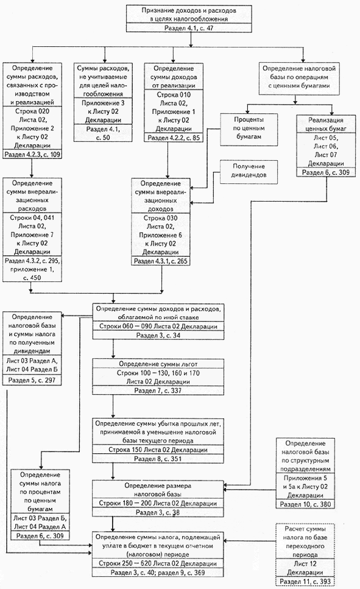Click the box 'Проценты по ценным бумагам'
pos(249,129)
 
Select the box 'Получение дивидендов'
pos(249,172)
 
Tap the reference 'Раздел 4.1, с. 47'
pos(189,28)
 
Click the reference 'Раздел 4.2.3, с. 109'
pos(32,154)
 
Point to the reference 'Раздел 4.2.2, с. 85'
pos(173,138)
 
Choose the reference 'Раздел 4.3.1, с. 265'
pos(161,261)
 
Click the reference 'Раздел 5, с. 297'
pos(32,380)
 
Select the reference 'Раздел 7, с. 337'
pos(158,390)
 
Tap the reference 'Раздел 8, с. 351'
pos(158,458)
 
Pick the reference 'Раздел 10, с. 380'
pos(306,504)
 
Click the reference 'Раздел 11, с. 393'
pos(306,582)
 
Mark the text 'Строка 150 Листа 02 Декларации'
pos(158,450)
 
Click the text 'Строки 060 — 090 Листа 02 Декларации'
pos(158,326)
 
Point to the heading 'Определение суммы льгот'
pos(158,364)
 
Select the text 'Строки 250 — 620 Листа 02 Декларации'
pos(158,563)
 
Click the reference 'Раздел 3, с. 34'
pos(158,335)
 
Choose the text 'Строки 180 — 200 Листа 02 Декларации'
pos(158,503)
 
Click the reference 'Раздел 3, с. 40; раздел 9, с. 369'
pos(158,573)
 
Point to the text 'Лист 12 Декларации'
pos(305,568)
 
